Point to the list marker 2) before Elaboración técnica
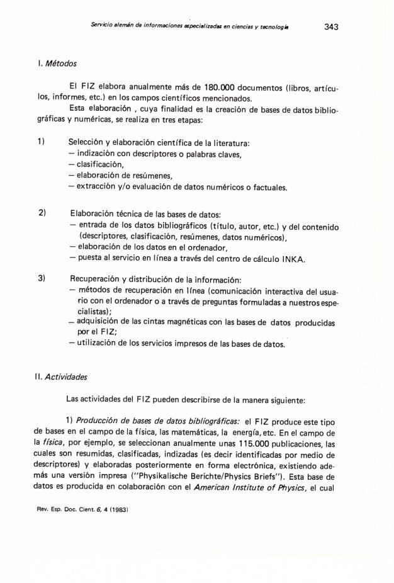[x=42, y=215]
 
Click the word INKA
[x=275, y=258]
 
